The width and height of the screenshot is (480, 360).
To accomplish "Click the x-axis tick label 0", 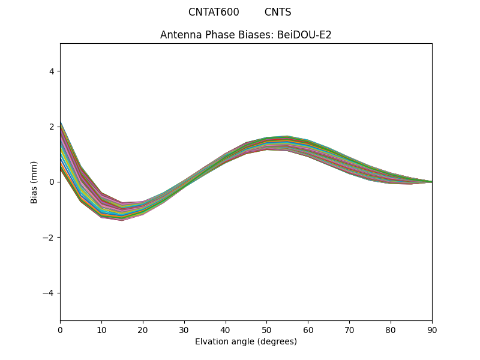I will (60, 329).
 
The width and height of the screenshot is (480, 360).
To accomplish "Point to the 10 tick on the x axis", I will (101, 329).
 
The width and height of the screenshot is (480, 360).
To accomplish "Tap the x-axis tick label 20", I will (143, 329).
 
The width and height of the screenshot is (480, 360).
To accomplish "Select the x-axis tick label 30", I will (184, 329).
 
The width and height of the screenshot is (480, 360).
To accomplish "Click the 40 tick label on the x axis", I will (226, 329).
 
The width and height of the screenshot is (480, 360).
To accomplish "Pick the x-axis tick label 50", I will (266, 329).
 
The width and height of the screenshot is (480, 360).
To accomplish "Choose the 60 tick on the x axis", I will (308, 329).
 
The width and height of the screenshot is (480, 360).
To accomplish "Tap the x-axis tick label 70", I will (349, 329).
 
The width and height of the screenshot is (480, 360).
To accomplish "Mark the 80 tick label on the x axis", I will (391, 329).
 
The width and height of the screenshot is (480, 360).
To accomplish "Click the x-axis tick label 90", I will (432, 329).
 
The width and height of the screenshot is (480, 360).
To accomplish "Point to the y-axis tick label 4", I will (52, 71).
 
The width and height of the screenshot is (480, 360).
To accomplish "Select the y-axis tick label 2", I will (52, 127).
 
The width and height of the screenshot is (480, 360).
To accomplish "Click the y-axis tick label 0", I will (52, 182).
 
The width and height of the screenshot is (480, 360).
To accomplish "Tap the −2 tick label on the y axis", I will (49, 238).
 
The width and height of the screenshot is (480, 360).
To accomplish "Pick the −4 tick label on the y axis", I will (49, 293).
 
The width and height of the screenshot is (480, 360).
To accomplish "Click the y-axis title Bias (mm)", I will (34, 182).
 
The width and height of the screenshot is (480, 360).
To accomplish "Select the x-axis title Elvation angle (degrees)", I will (246, 341).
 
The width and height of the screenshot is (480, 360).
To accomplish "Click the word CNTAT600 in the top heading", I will (214, 12).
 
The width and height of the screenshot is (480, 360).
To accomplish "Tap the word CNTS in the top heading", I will (278, 12).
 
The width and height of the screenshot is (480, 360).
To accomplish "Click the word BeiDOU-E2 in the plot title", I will (304, 35).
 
